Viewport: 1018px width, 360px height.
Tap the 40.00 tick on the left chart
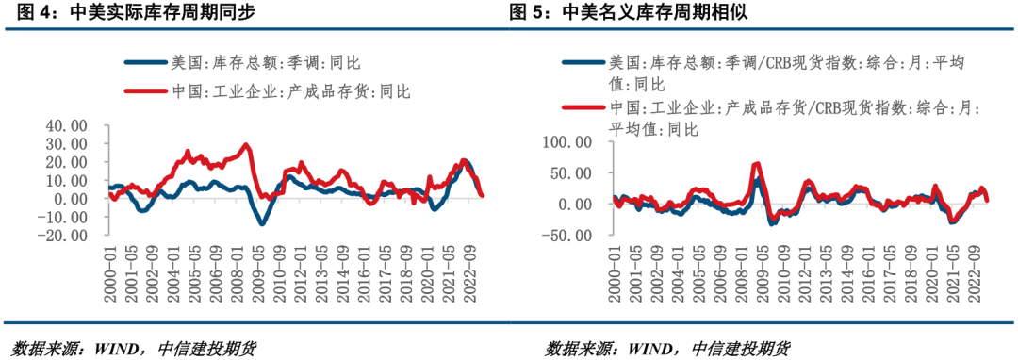coord(67,125)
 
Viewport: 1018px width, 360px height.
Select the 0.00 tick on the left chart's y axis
coord(74,199)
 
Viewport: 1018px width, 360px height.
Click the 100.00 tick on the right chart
coord(568,142)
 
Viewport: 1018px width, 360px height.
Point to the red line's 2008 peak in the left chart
coord(246,145)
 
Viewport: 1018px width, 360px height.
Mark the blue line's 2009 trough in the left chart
coord(262,223)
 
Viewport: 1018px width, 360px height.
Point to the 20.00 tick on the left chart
coord(67,162)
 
